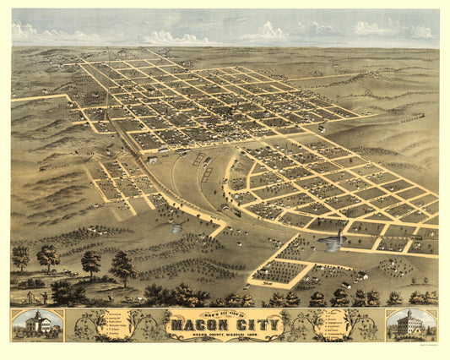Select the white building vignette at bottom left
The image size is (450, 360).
pos(36,325)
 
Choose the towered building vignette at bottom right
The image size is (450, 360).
pos(411,325)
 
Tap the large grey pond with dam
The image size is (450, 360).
pos(331,243)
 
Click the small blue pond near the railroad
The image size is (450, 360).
pos(176,229)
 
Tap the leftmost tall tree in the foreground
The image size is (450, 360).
pos(20,256)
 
